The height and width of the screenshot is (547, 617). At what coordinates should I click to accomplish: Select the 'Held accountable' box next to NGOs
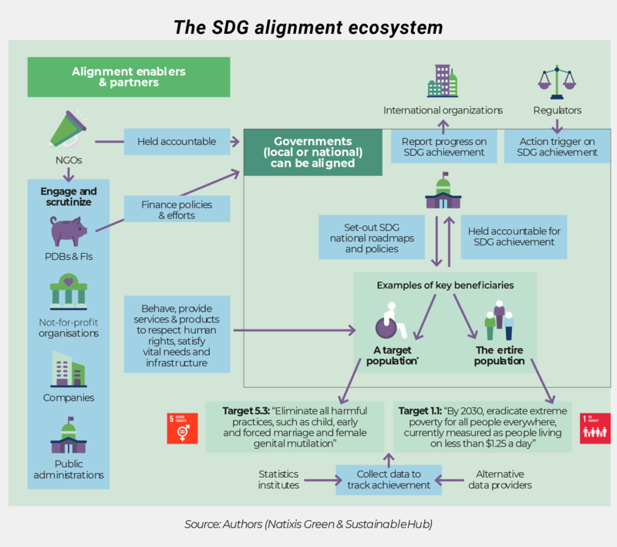click(x=177, y=142)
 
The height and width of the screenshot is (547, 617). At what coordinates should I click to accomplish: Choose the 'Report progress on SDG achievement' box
click(x=443, y=146)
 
